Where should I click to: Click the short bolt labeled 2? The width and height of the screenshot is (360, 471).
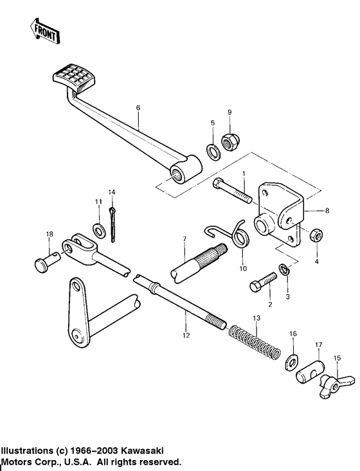point(264,281)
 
